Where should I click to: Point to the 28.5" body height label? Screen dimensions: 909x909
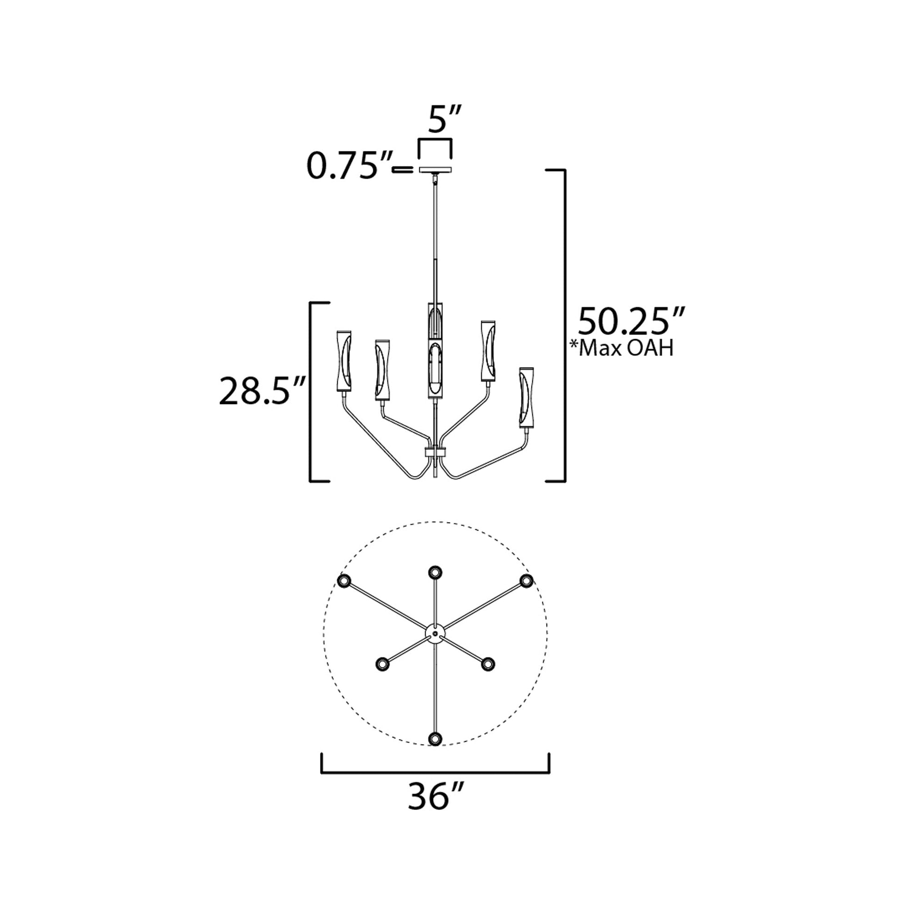pos(263,390)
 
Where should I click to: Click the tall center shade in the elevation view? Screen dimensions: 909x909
pos(435,350)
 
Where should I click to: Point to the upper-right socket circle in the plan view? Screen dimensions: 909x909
pos(526,581)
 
